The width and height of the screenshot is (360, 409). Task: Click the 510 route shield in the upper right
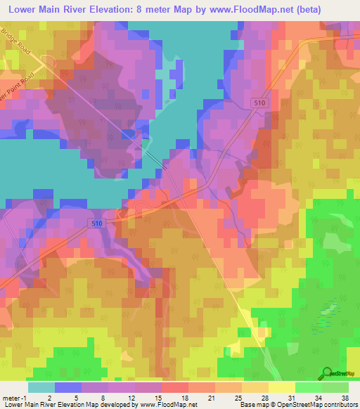259,103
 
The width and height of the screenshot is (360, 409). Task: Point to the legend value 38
345,397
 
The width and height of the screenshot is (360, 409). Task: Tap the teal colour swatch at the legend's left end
41,387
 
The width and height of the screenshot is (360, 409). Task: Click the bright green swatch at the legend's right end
335,387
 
